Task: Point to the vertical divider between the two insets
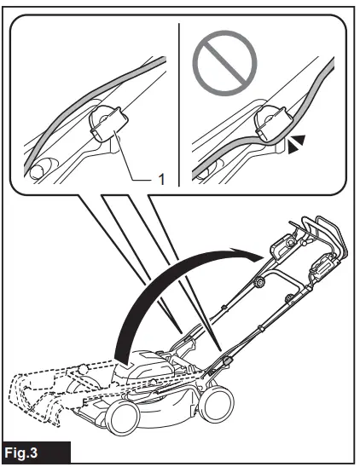coord(179,102)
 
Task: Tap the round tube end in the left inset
coord(38,171)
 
